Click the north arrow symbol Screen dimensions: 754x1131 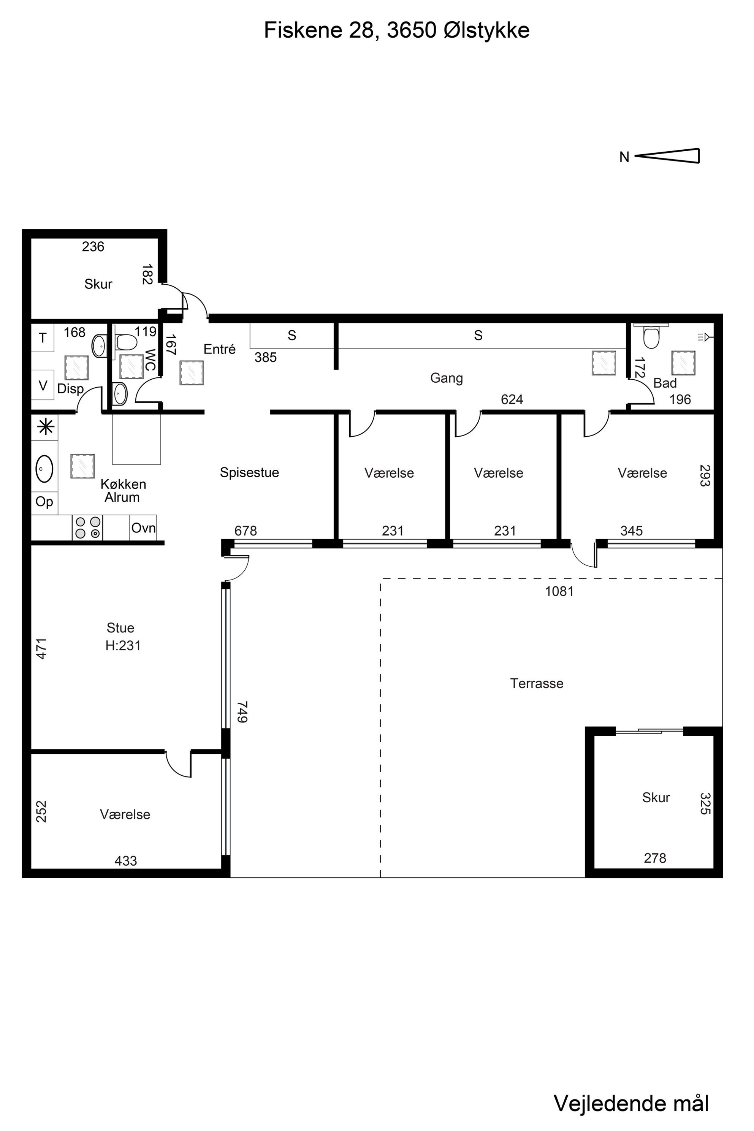pos(667,156)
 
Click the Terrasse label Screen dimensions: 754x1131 pos(537,683)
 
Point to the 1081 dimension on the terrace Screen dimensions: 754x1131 pos(559,591)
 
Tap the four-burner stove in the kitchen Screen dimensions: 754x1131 pos(87,527)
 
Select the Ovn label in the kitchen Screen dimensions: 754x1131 pos(143,528)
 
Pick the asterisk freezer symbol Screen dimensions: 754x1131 pos(46,427)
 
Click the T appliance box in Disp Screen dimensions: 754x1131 pos(43,338)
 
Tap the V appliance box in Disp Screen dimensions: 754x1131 pos(43,385)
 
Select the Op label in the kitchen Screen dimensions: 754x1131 pos(44,502)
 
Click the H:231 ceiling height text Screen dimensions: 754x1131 pos(123,645)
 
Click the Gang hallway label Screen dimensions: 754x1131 pos(447,378)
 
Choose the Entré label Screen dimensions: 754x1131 pos(220,349)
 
